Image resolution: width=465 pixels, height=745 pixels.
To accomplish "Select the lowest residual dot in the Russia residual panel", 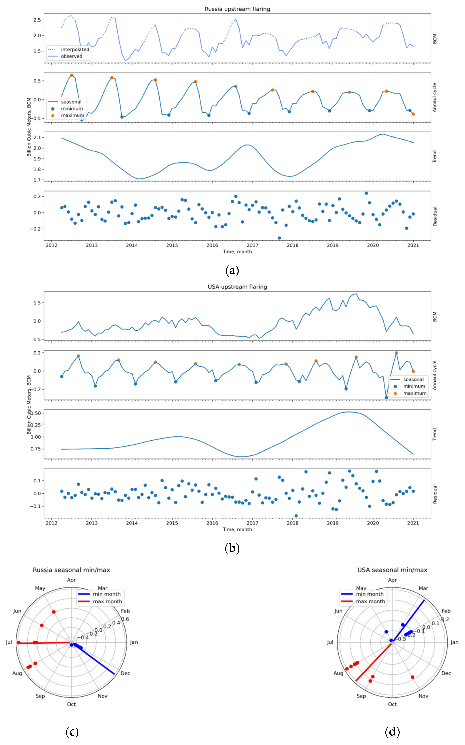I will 279,238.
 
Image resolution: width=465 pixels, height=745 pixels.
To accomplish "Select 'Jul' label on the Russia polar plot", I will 9,642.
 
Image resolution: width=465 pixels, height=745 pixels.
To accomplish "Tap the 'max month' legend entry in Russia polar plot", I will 107,601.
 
